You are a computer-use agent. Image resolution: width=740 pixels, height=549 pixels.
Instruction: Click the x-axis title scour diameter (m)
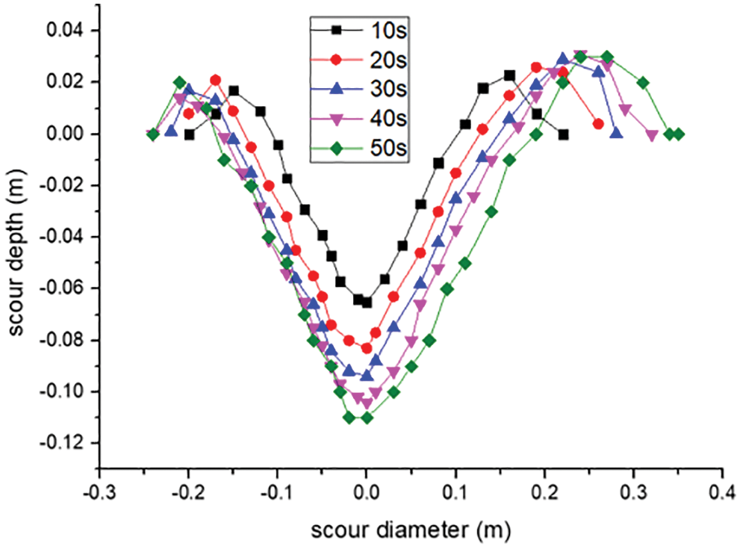[410, 531]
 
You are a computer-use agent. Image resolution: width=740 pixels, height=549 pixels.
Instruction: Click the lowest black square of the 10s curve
[367, 303]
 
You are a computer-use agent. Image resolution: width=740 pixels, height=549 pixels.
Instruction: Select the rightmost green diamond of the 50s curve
[679, 134]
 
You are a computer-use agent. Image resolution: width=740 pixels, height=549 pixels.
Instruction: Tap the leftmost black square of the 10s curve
[189, 134]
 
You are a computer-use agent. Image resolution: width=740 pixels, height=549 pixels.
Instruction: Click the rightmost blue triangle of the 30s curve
[616, 133]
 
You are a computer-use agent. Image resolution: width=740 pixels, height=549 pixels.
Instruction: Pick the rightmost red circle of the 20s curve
[598, 124]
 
